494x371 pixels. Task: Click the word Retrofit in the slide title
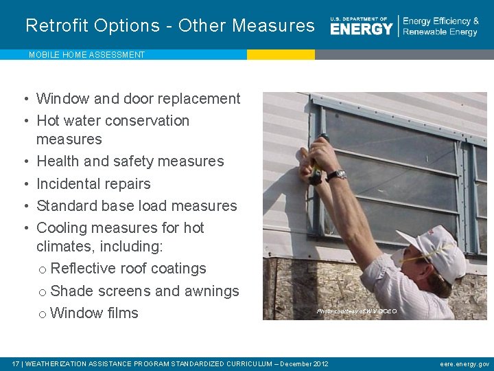tap(57, 26)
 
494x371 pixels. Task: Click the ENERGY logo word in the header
tap(362, 29)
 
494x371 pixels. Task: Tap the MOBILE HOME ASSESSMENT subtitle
tap(86, 55)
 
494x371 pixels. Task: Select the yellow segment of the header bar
tap(281, 54)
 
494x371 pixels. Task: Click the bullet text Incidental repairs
tap(93, 183)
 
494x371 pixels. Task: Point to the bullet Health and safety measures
tap(130, 161)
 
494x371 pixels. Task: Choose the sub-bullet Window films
tap(94, 313)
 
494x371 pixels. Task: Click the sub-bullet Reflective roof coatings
tap(128, 269)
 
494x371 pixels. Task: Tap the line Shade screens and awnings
tap(145, 291)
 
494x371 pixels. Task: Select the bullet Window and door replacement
tap(138, 99)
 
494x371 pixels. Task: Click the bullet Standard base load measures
tap(137, 206)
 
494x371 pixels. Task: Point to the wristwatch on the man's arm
tap(336, 175)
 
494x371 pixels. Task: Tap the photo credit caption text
tap(357, 312)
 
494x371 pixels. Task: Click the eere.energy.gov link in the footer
tap(464, 364)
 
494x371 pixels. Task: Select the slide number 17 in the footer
tap(16, 364)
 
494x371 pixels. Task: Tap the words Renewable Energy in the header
tap(440, 32)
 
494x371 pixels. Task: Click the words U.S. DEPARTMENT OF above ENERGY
tap(359, 19)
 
